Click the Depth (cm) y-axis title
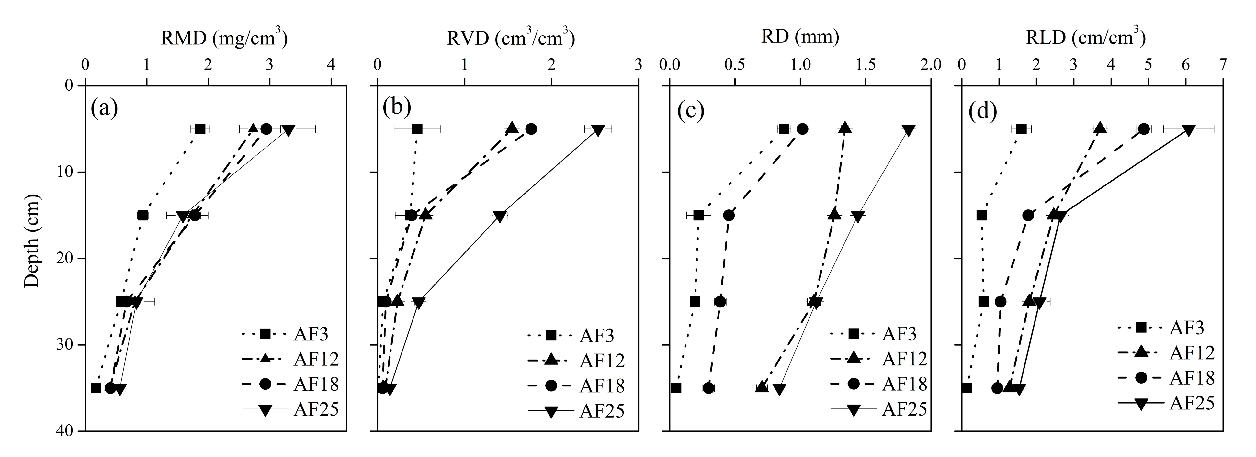pyautogui.click(x=32, y=242)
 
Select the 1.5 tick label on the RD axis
pyautogui.click(x=866, y=65)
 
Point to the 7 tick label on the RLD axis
pyautogui.click(x=1222, y=65)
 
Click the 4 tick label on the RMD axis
pyautogui.click(x=331, y=65)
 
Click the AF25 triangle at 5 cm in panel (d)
pyautogui.click(x=1189, y=130)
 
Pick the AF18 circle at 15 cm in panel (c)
pyautogui.click(x=729, y=215)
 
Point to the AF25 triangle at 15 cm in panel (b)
pyautogui.click(x=499, y=216)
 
